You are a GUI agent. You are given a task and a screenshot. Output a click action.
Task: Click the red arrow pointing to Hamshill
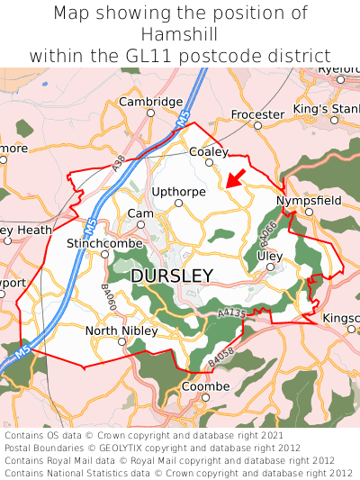tap(235, 177)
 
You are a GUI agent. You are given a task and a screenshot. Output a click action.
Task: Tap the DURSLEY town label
tap(172, 276)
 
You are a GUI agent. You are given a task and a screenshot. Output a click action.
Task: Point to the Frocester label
tap(257, 114)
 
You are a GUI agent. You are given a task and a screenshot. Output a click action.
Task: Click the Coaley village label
tap(209, 152)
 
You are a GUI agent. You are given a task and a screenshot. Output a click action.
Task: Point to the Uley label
tap(269, 256)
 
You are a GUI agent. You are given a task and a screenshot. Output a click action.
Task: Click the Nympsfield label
tap(309, 200)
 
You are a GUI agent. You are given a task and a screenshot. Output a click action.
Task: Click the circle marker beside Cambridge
tap(150, 113)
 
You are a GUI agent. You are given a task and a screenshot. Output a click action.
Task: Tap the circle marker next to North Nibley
tap(121, 341)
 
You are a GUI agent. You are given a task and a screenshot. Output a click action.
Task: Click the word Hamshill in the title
tap(180, 34)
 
